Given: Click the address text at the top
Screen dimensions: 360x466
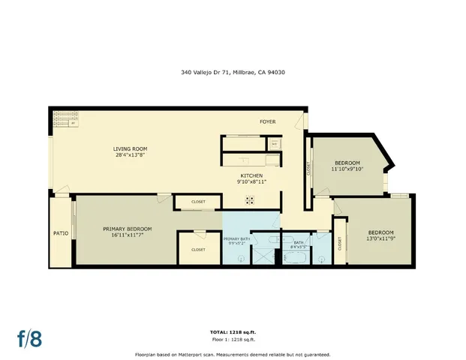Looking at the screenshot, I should [232, 73].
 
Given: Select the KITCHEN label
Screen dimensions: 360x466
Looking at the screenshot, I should [251, 175].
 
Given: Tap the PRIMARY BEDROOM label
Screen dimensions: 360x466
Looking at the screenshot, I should [127, 229].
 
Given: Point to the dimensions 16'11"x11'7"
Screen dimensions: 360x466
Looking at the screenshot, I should [127, 235].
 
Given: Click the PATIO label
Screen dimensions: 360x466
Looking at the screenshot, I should [62, 233].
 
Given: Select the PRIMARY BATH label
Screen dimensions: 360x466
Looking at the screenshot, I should [236, 238].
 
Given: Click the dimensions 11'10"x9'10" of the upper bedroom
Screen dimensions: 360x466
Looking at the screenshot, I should [347, 169].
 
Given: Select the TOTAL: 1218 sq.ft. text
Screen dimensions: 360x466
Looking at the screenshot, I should [232, 331].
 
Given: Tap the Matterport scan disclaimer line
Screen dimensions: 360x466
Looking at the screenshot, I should [232, 354].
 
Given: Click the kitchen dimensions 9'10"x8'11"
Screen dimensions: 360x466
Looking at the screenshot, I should [251, 181].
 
